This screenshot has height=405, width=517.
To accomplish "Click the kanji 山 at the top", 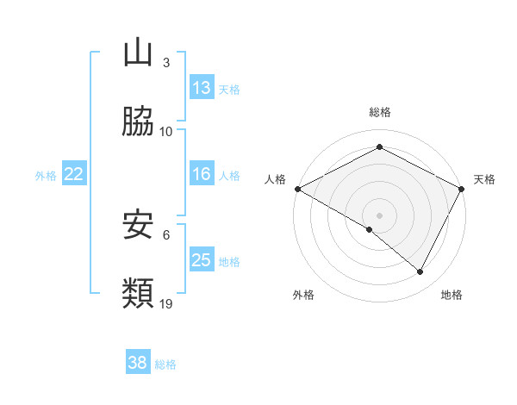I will point(138,53).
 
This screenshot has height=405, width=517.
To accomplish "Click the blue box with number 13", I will point(202,88).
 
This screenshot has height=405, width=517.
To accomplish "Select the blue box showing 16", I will point(202,174).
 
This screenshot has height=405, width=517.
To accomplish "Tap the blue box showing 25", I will point(202,260).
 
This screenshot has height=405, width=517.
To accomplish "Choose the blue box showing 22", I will point(74,174).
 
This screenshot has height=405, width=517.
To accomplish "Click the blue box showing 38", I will point(138,363).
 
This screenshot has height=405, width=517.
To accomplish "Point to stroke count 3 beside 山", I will point(165,63).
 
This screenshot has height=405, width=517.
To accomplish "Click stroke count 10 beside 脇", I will point(166,132).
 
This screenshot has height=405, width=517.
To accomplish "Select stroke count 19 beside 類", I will point(166,304).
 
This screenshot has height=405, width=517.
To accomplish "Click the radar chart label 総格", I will point(380,112).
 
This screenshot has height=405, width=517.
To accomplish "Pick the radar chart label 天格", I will point(484,179).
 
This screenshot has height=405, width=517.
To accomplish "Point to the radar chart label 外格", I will point(303,296).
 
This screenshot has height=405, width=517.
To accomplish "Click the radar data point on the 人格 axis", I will point(297,188).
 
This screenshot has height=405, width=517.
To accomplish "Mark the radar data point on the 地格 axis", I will point(420,272).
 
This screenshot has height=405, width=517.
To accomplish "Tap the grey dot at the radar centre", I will point(380,215).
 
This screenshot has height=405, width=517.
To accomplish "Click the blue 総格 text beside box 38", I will point(165,364).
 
